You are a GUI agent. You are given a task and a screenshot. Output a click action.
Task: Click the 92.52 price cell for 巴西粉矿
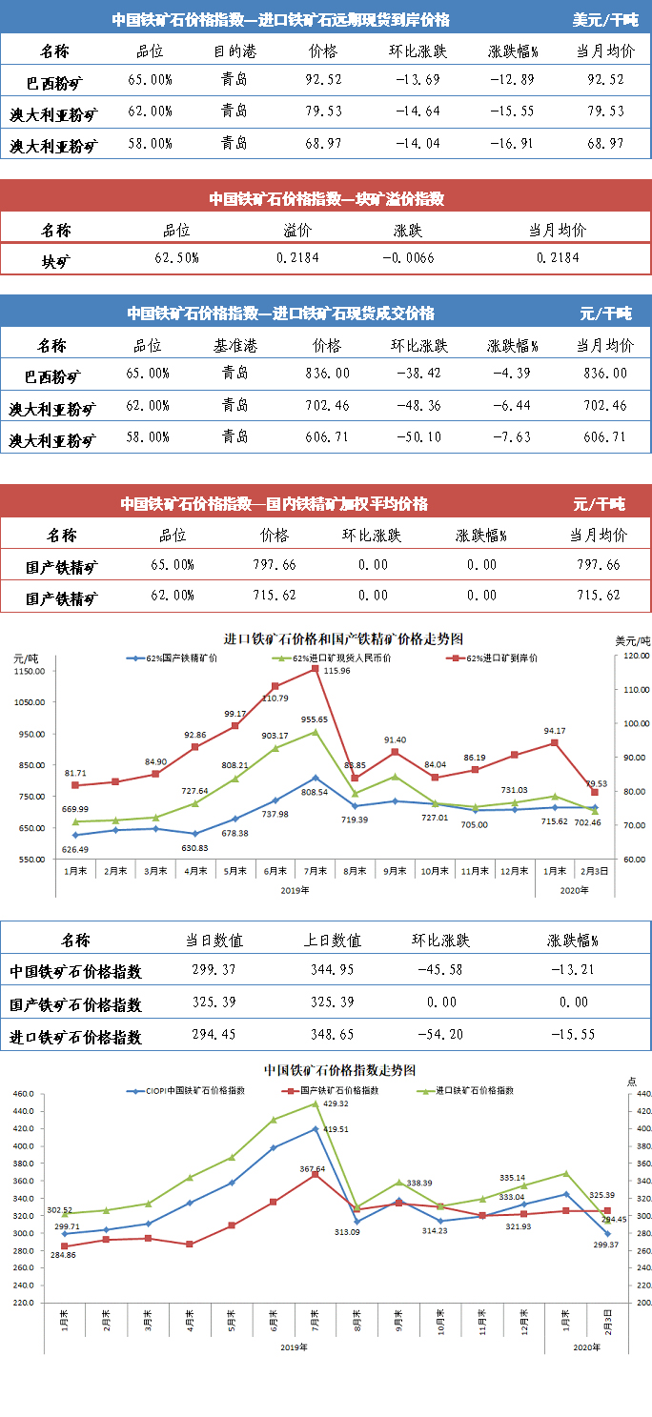323,81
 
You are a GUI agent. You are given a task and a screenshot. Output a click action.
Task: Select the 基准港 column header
234,345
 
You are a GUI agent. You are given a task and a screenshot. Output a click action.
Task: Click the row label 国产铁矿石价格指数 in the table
75,1004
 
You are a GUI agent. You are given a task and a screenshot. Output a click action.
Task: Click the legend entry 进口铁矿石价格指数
474,1090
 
